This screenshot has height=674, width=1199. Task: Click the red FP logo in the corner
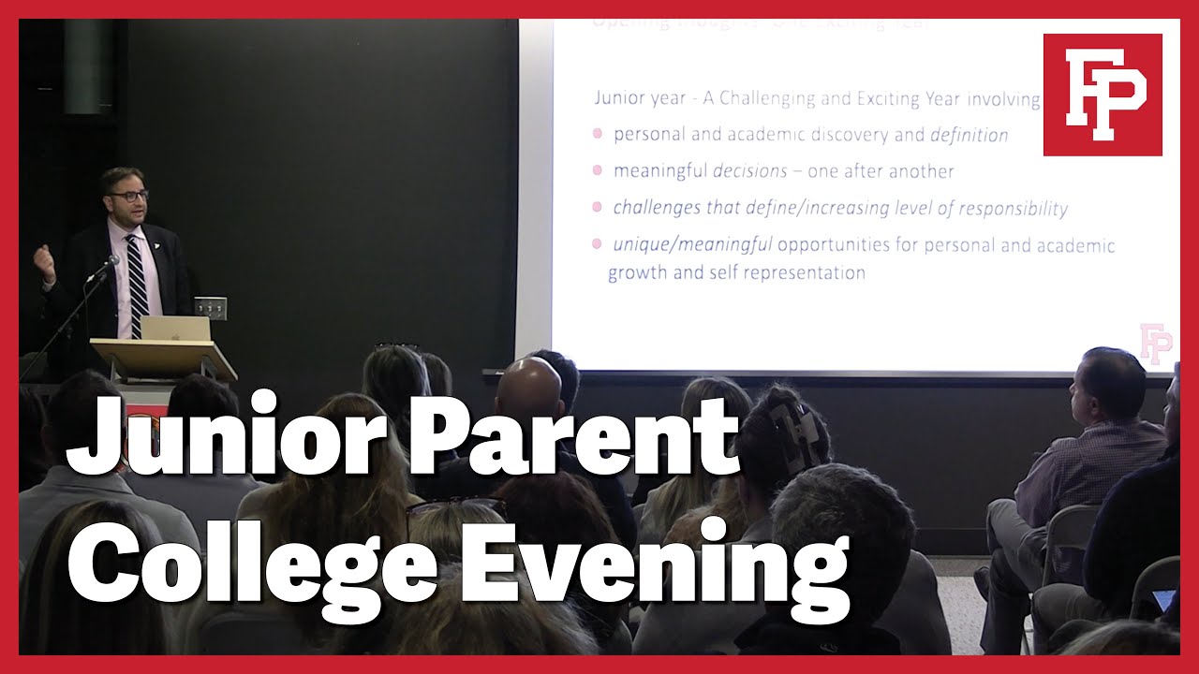coord(1102,94)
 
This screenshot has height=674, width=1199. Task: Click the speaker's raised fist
coord(43,256)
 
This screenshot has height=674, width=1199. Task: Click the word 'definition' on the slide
coord(969,135)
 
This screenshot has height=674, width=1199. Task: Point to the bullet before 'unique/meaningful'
coord(597,244)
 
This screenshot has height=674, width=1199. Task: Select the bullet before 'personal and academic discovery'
coord(597,134)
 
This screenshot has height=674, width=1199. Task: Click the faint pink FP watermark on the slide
coord(1155,343)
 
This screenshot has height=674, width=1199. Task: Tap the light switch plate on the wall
coord(210,306)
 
